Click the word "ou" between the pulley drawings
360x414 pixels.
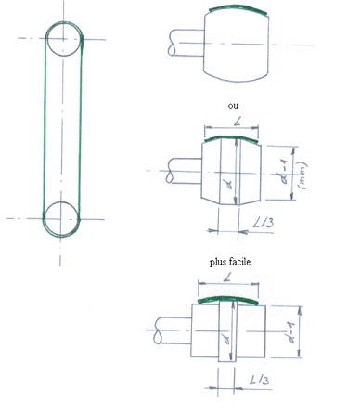[x=233, y=106]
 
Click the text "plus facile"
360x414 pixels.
[x=230, y=262]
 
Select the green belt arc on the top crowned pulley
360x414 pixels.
[x=238, y=7]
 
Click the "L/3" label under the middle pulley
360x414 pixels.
[x=263, y=222]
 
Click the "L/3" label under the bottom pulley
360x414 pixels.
[x=260, y=380]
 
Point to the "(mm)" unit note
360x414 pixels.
[x=302, y=175]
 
